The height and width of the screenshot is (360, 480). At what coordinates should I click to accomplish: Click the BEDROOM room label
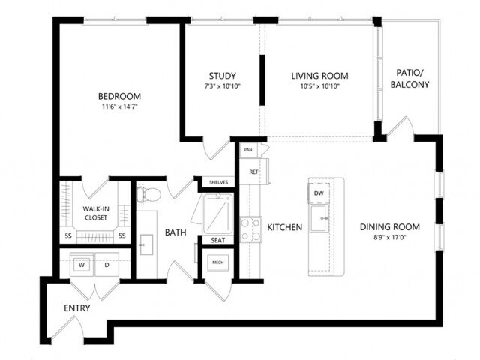(x=120, y=96)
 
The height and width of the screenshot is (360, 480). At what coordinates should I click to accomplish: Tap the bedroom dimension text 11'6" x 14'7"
(x=120, y=107)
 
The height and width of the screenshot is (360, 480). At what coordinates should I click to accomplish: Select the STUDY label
(x=223, y=76)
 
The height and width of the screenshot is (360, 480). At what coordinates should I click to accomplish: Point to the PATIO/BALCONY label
(x=410, y=79)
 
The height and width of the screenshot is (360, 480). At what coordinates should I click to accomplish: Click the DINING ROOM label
(x=389, y=227)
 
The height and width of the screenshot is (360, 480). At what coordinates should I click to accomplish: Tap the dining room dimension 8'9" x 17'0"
(x=389, y=238)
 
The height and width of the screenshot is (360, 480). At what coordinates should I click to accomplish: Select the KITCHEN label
(x=285, y=227)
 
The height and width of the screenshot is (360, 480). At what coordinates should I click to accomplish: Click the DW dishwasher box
(x=319, y=194)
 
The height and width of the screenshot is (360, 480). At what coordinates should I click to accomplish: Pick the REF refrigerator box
(x=253, y=172)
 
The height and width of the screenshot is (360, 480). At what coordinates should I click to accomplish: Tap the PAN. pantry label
(x=247, y=150)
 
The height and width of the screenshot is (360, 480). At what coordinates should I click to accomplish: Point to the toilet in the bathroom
(x=151, y=196)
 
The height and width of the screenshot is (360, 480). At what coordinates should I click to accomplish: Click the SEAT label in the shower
(x=217, y=241)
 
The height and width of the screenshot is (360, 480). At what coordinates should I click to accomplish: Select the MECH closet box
(x=218, y=262)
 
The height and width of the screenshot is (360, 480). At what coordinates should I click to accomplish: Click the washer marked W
(x=82, y=264)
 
